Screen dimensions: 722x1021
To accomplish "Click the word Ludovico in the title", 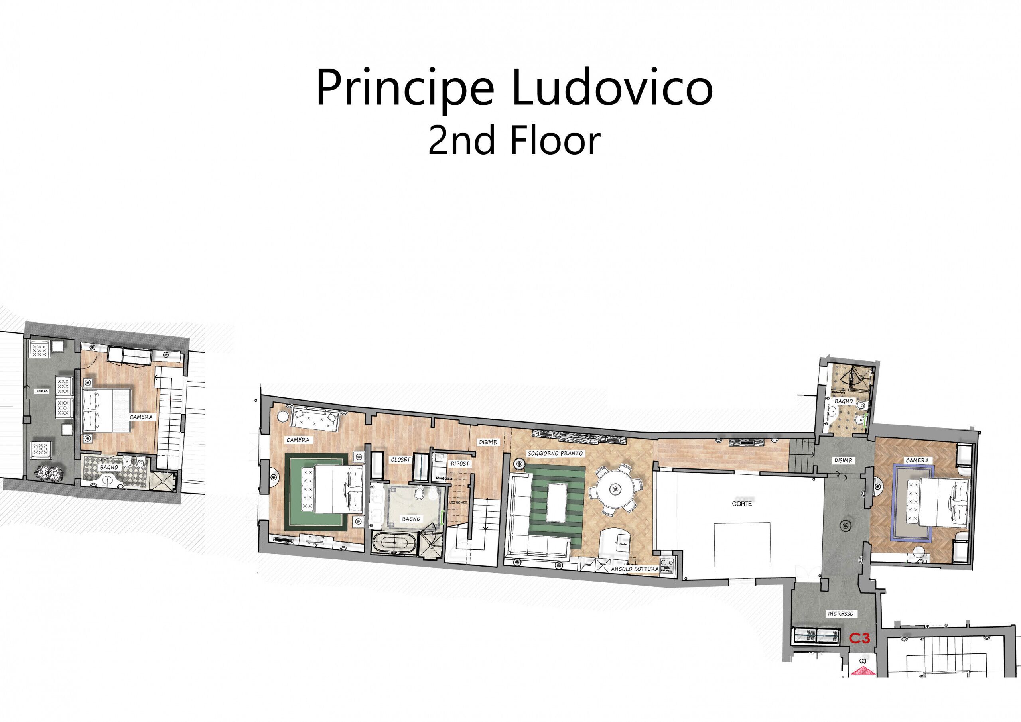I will pos(612,88).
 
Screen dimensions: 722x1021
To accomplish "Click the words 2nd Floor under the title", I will pos(514,141).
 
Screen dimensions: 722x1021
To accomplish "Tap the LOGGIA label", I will pos(41,391).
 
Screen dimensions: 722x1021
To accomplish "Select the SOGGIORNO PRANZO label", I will pos(555,453).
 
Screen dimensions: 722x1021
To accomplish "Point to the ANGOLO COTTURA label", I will pos(635,569).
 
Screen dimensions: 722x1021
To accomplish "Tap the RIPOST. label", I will pos(460,463).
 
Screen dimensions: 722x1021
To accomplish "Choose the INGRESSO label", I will pos(840,614).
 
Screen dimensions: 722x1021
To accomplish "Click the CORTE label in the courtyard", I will pos(742,504).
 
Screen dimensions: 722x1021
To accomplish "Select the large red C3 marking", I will pos(859,638).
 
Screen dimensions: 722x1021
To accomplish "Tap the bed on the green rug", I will pos(333,490).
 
